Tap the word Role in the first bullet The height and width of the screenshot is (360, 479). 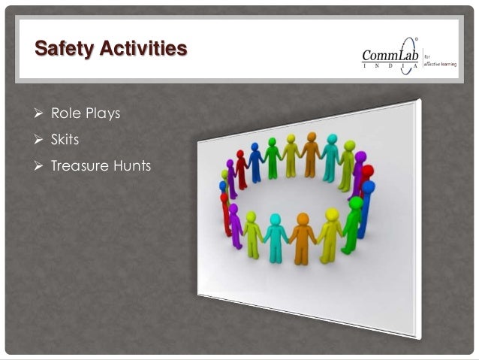[65, 115]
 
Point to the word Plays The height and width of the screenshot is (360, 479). [101, 115]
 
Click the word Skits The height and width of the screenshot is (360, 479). [65, 140]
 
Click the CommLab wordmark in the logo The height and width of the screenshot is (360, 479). [390, 55]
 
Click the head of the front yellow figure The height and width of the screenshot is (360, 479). [333, 214]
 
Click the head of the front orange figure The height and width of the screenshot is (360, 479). [303, 219]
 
